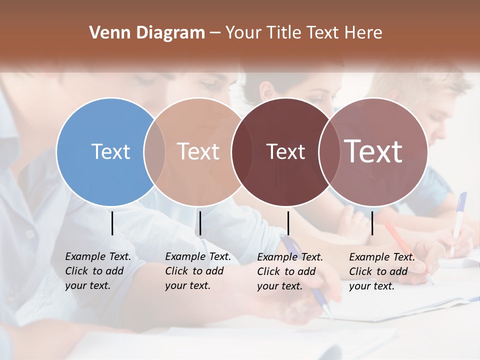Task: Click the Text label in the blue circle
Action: (110, 151)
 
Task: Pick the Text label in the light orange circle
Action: (198, 151)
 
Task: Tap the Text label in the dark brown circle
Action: (285, 151)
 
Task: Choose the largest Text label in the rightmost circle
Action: (373, 151)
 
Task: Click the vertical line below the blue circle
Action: (112, 223)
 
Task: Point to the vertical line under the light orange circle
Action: (200, 223)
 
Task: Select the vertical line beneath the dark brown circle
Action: (288, 223)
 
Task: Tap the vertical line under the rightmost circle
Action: (372, 223)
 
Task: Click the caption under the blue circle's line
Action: (98, 271)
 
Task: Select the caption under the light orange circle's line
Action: (198, 271)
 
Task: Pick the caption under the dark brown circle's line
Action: (290, 271)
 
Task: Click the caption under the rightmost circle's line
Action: (382, 271)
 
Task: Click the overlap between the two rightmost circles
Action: (328, 151)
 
